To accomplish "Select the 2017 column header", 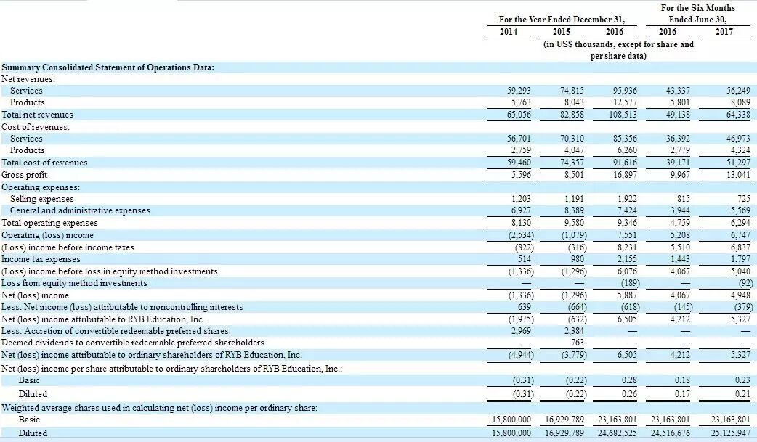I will tap(724, 31).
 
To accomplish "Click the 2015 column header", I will tap(562, 31).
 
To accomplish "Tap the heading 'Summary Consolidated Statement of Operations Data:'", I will tap(108, 67).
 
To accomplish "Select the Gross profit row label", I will tap(24, 175).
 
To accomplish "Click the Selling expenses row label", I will tap(41, 199).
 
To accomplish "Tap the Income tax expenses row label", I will tap(41, 259).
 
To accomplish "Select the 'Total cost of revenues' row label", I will tap(44, 163).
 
